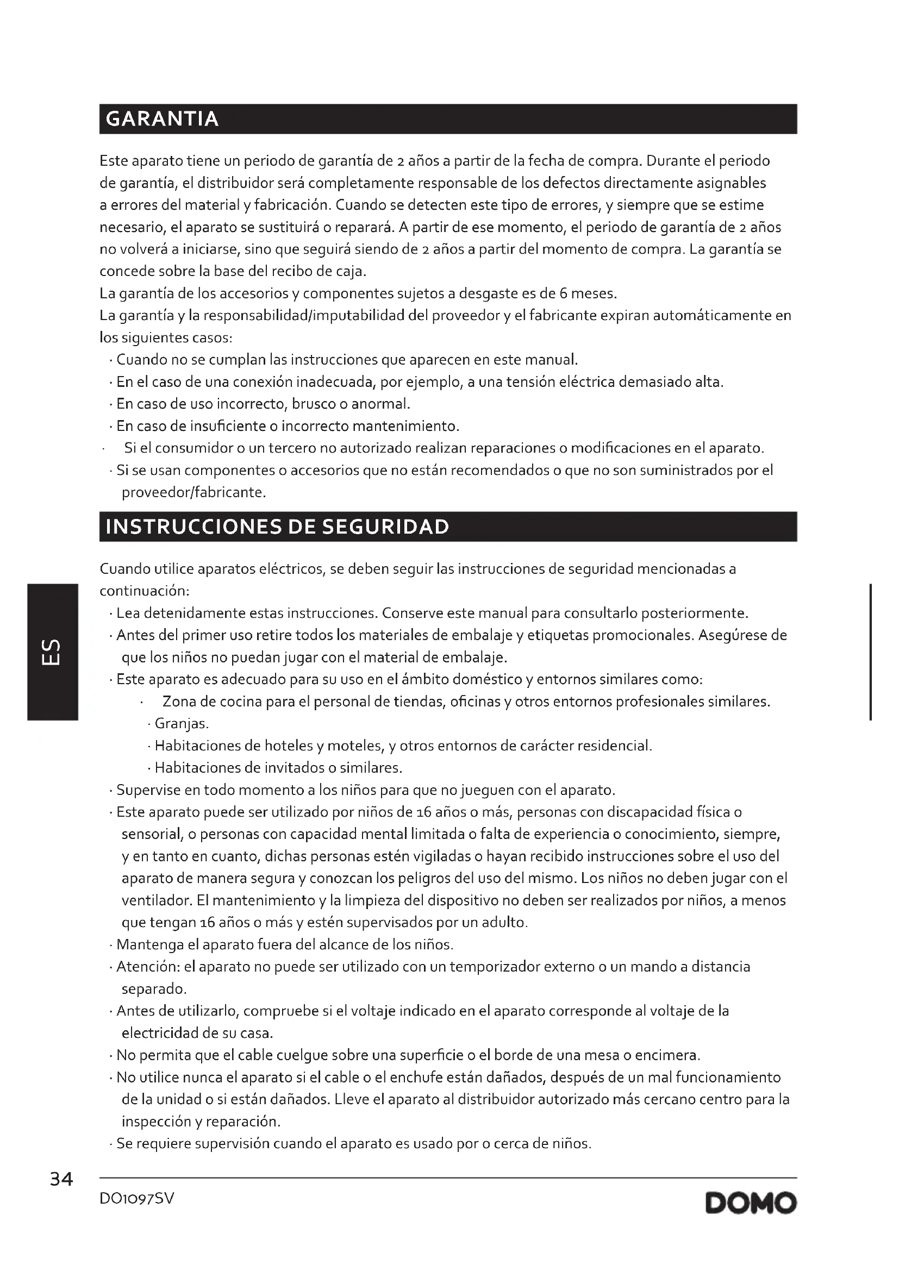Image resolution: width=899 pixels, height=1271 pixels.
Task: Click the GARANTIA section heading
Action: [x=161, y=119]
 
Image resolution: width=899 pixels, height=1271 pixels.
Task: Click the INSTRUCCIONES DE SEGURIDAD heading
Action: [x=277, y=527]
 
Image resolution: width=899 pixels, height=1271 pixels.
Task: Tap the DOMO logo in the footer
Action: [x=751, y=1203]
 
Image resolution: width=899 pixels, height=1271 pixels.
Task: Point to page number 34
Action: [x=61, y=1180]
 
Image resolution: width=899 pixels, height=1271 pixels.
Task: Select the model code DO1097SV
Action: [x=137, y=1199]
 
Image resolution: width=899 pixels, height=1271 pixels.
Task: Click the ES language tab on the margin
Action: [x=52, y=652]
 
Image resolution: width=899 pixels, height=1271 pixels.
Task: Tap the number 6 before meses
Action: [x=562, y=293]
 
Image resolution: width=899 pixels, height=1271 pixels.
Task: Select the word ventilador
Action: [x=157, y=900]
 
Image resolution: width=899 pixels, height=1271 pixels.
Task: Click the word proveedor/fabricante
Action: [x=193, y=492]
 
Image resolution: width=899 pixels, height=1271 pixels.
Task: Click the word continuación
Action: [x=144, y=591]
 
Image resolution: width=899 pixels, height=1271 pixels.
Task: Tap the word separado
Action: [x=153, y=988]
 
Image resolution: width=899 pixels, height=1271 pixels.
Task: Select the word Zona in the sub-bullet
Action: [x=179, y=702]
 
